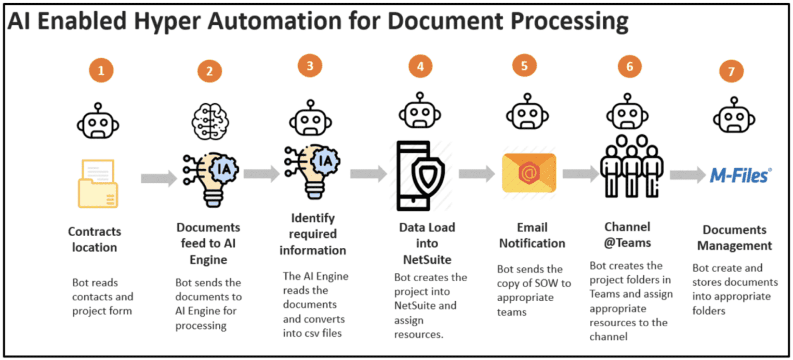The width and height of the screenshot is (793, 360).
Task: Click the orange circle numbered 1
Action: pyautogui.click(x=101, y=70)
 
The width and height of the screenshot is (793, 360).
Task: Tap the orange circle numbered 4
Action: pyautogui.click(x=420, y=66)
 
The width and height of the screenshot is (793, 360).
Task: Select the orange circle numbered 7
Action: pyautogui.click(x=731, y=71)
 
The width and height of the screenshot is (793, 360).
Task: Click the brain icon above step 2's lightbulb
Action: pyautogui.click(x=210, y=122)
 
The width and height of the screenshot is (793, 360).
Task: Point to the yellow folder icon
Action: pyautogui.click(x=98, y=184)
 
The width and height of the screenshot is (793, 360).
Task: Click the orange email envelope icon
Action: pyautogui.click(x=529, y=173)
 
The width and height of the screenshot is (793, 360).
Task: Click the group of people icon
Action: pyautogui.click(x=631, y=166)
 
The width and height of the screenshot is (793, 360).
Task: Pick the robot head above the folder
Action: pyautogui.click(x=98, y=122)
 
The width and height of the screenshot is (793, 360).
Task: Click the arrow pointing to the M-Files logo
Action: pyautogui.click(x=687, y=175)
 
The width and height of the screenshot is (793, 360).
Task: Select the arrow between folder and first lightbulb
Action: pyautogui.click(x=159, y=178)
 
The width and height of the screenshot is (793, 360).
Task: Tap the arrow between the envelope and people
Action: pyautogui.click(x=580, y=174)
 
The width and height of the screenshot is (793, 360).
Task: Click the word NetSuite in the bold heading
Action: pyautogui.click(x=427, y=259)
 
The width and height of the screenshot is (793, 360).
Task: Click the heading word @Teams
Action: pyautogui.click(x=627, y=243)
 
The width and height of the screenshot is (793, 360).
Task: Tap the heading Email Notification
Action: pyautogui.click(x=532, y=235)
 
